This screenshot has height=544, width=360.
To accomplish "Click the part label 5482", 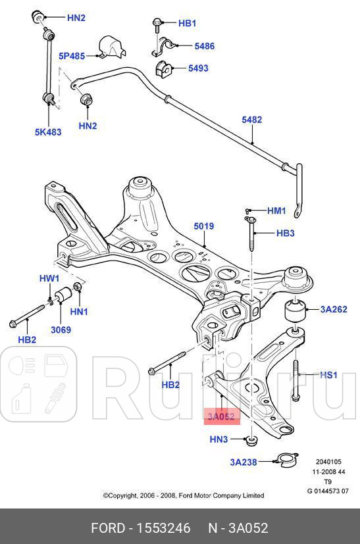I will point(251,120).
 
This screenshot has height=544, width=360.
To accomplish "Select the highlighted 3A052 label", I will point(221,416).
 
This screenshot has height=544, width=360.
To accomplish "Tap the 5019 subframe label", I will point(203,227).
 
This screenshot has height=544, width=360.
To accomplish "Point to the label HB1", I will point(187,23).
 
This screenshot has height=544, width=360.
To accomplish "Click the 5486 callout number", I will point(204,46).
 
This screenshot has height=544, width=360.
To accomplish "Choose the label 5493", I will point(198,68).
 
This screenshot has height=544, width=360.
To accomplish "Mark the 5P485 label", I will point(71,56).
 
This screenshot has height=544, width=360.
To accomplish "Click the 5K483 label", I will point(48,132).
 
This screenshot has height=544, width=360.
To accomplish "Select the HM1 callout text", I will point(276,210).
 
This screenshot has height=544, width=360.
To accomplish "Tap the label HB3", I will point(285,233).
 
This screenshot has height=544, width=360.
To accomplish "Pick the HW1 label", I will point(49,279).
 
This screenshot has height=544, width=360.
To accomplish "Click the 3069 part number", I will point(61,330).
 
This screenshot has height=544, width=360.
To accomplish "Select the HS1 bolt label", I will point(328,375).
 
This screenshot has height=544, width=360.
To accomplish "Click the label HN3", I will point(219,439).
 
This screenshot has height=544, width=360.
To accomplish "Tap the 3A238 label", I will point(244,462).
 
